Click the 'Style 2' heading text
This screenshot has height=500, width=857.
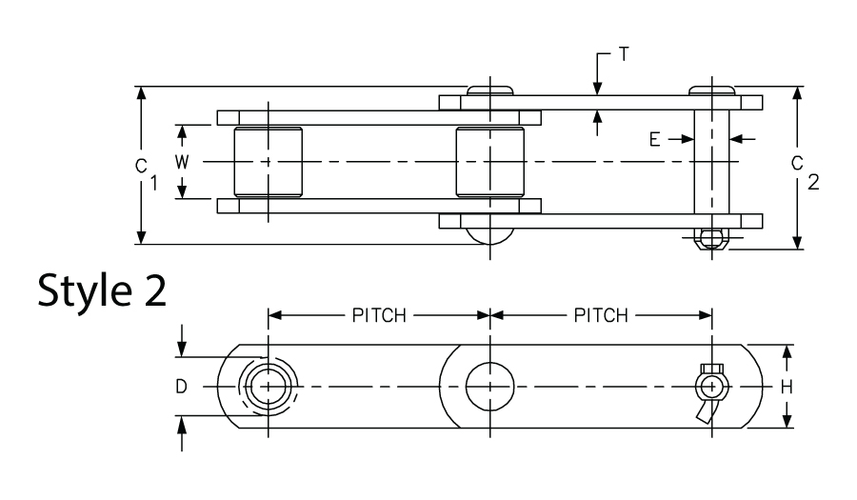[x=103, y=291]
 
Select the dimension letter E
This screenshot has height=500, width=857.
[x=655, y=139]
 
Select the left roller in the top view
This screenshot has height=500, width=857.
[x=268, y=162]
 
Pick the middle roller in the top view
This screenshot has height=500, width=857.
[x=489, y=162]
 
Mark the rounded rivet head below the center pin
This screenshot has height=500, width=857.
[x=489, y=236]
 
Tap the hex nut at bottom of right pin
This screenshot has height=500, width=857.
[x=709, y=238]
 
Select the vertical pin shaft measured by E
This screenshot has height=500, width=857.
[x=710, y=162]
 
